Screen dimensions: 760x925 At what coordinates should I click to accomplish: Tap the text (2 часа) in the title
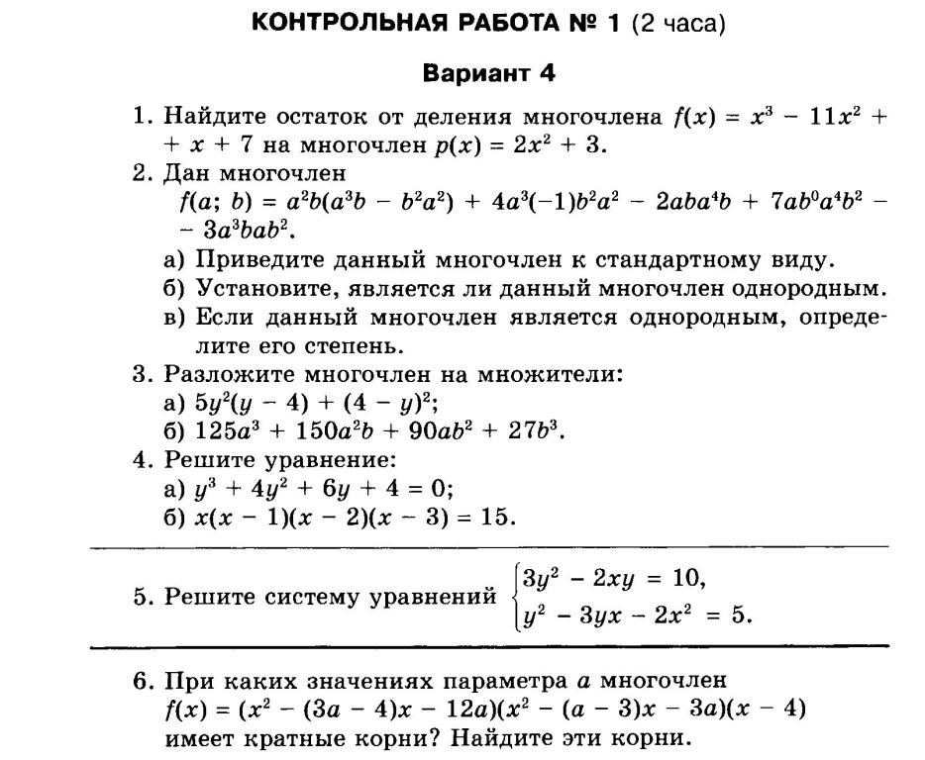(678, 24)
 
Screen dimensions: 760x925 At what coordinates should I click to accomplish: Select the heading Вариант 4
(489, 73)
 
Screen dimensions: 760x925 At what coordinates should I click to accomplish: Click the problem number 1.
(141, 117)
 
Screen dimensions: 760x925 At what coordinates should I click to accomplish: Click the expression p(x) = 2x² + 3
(519, 145)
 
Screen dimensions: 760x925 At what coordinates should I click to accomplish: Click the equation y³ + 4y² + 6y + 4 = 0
(324, 489)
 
